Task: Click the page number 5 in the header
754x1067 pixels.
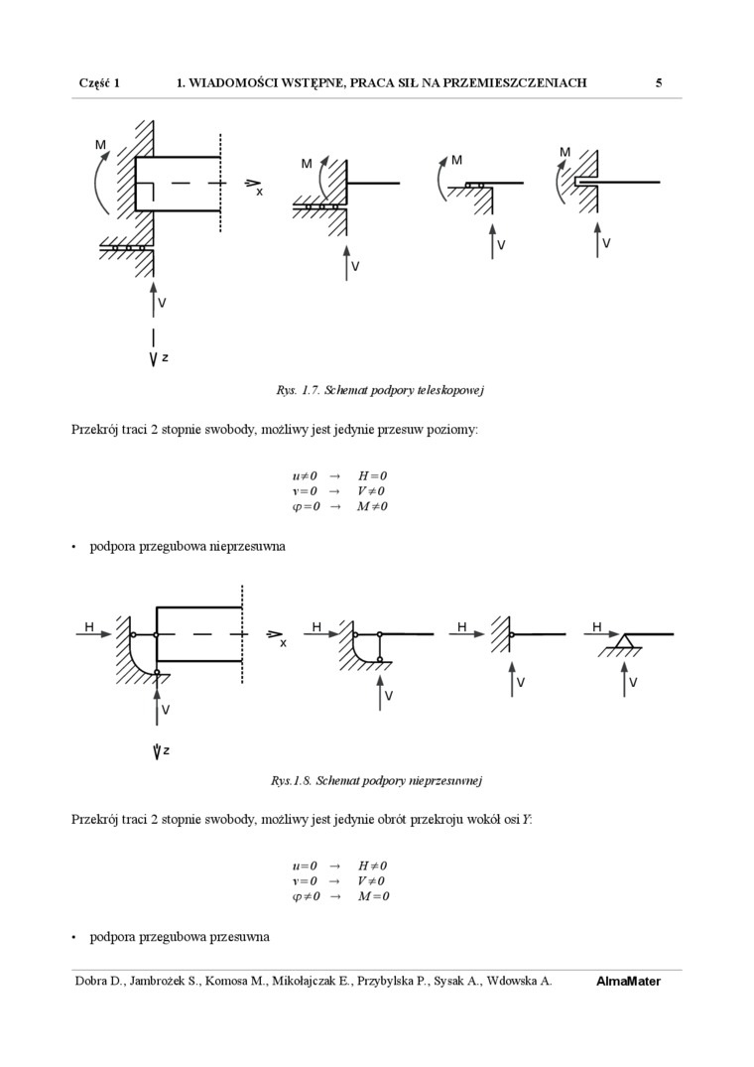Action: (659, 83)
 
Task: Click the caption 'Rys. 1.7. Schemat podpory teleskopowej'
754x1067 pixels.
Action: (379, 390)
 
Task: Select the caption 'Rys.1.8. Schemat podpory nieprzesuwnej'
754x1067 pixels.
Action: (376, 780)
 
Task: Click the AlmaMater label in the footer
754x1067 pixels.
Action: (628, 982)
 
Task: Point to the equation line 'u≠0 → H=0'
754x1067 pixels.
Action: (339, 476)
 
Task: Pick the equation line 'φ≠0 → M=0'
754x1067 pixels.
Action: (339, 896)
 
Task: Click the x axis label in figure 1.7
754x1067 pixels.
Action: (260, 192)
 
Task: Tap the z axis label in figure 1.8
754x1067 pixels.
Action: (166, 750)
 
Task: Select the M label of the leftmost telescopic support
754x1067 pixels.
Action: (100, 145)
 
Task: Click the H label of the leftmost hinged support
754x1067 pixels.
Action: (89, 627)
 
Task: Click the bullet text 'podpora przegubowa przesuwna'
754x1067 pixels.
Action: (180, 936)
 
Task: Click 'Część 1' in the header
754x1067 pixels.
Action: (99, 83)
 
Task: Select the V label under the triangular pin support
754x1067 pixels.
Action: (633, 683)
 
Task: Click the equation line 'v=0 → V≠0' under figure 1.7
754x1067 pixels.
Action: (339, 491)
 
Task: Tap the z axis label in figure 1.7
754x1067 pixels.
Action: (165, 356)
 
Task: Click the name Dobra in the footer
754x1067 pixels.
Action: (94, 982)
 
